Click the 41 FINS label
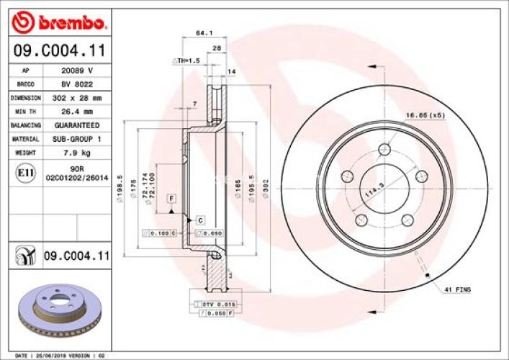tap(457, 289)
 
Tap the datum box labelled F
tap(172, 198)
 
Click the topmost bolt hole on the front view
tap(387, 150)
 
